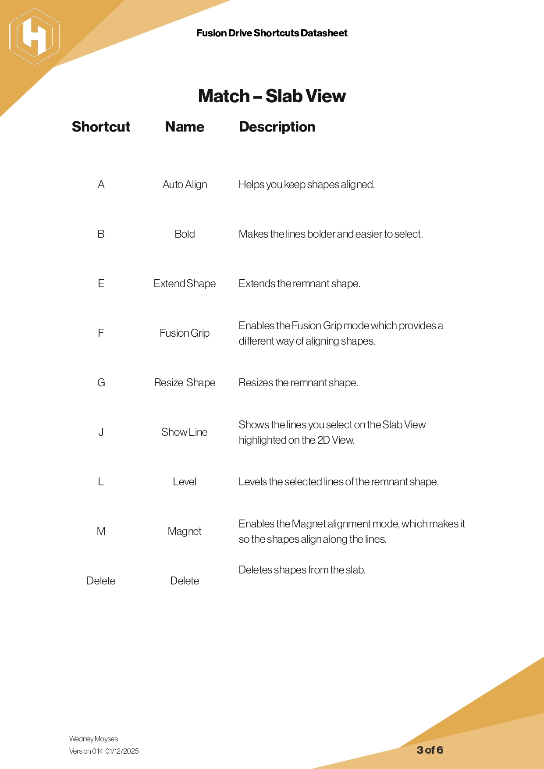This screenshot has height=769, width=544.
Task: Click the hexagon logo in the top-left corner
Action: click(x=34, y=36)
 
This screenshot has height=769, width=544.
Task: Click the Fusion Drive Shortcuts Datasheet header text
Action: click(x=272, y=33)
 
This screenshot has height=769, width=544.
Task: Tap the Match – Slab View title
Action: click(x=272, y=96)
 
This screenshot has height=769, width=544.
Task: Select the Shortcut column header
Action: click(x=101, y=127)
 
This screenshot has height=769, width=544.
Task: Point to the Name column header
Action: click(x=185, y=127)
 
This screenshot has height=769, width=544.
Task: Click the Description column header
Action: click(x=277, y=127)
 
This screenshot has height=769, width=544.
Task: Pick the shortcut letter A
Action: click(x=101, y=185)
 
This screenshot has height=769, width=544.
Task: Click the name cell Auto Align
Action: click(x=185, y=185)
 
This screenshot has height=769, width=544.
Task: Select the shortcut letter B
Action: click(x=101, y=234)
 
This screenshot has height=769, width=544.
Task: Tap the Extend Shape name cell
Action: click(x=185, y=284)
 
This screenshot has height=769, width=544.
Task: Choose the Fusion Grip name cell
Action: click(x=185, y=333)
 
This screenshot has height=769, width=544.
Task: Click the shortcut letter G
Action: click(x=101, y=383)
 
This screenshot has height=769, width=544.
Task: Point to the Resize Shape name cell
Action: click(x=185, y=383)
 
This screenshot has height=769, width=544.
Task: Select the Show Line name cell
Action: click(x=185, y=432)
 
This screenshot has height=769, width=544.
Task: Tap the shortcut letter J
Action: click(x=101, y=432)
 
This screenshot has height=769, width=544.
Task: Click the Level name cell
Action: click(x=185, y=482)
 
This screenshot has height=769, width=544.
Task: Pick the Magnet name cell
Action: click(x=185, y=531)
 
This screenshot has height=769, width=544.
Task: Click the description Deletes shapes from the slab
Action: click(x=302, y=570)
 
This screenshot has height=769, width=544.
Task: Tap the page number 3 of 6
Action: click(x=430, y=750)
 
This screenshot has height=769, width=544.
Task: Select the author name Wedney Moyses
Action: click(x=93, y=739)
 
